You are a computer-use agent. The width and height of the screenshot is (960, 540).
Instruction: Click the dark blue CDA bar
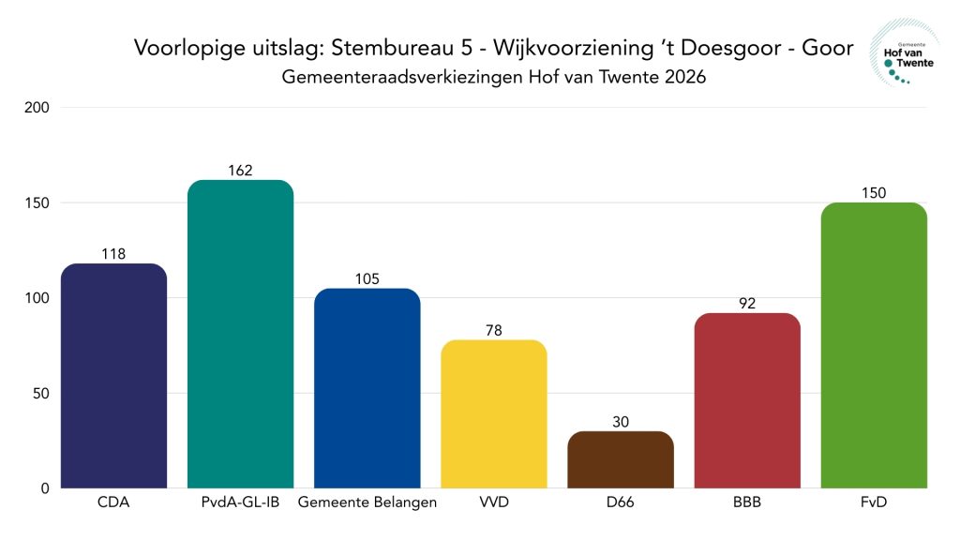coord(113,375)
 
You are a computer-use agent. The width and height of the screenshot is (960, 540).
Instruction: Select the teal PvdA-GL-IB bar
coord(240,333)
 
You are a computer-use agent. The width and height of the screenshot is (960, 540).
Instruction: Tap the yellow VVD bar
coord(493,412)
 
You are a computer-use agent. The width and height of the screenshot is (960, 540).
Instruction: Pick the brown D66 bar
coord(620,459)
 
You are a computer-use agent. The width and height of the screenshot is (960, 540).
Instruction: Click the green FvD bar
coord(874,345)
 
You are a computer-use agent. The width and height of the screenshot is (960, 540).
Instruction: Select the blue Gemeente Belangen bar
coord(367,387)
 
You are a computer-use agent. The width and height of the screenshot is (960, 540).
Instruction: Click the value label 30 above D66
coord(620,423)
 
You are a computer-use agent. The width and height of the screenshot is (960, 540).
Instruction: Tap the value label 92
coord(747,304)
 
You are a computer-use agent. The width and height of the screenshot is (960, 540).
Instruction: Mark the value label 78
coord(493,331)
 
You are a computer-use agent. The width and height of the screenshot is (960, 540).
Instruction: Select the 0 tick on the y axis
coord(44,488)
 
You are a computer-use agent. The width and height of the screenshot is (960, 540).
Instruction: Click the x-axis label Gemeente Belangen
coord(367,503)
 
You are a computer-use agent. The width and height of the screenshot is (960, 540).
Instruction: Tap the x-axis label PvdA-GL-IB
coord(240,503)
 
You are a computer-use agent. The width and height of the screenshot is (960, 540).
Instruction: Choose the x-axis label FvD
coord(874,503)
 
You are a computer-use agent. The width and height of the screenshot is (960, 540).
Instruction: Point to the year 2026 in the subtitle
coord(683,78)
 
